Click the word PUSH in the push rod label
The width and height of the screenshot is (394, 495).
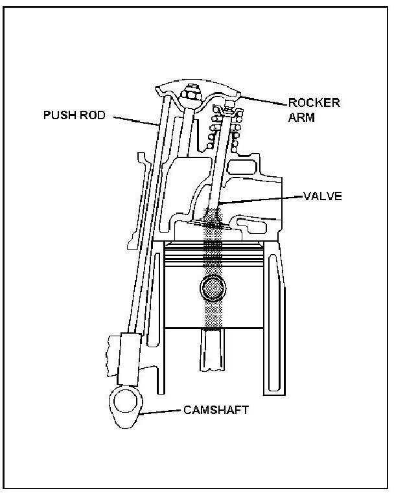click(x=56, y=115)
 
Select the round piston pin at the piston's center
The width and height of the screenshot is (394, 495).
click(x=213, y=289)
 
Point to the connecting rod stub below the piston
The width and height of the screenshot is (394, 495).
click(x=213, y=350)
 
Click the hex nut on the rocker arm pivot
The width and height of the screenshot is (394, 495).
click(x=192, y=95)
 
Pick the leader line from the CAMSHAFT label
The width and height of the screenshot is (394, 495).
click(x=162, y=411)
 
